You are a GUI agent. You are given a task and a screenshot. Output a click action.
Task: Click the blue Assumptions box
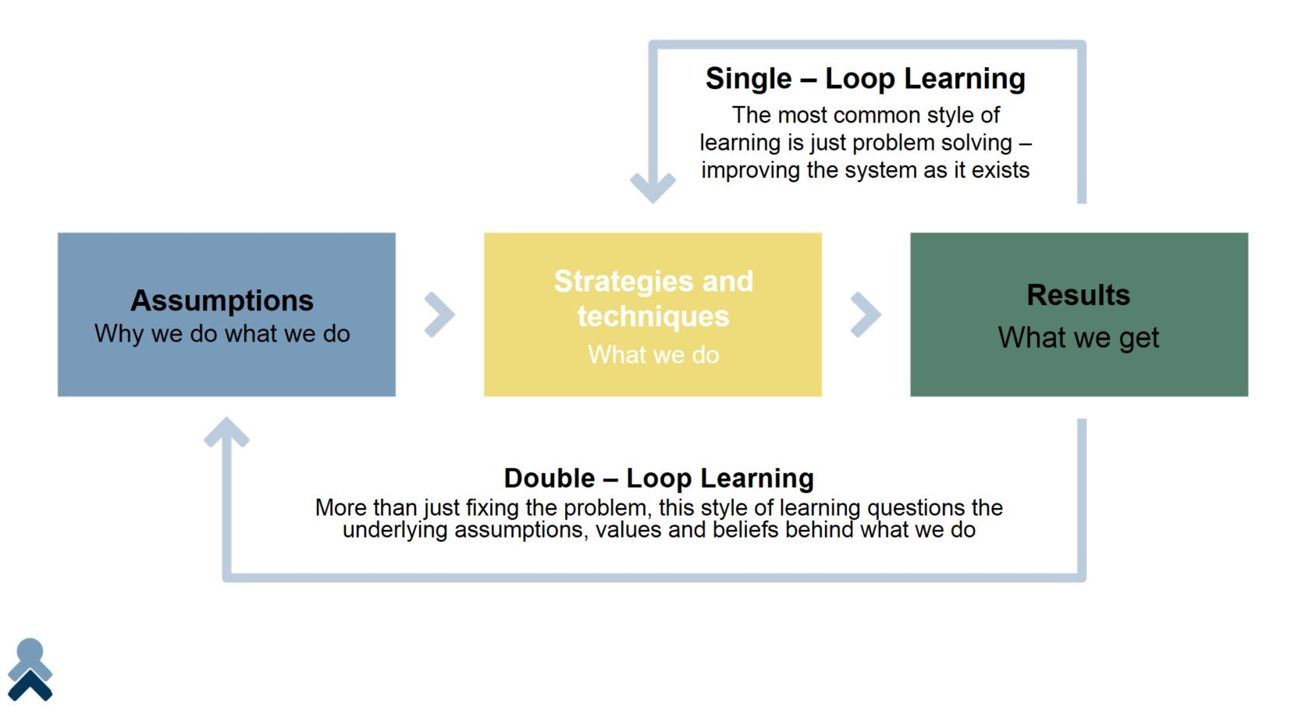226,314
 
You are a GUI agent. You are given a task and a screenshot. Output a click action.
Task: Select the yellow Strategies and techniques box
652,314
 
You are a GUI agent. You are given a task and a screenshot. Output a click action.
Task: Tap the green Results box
1079,314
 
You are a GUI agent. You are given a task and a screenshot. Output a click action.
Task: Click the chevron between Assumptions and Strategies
440,314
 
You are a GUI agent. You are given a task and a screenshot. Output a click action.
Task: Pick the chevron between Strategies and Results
866,314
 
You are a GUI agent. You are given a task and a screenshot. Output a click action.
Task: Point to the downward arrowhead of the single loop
653,187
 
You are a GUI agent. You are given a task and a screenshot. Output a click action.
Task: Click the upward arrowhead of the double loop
226,432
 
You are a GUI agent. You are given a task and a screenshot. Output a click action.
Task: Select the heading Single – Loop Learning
865,79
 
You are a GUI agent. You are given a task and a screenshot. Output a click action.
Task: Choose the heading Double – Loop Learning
658,478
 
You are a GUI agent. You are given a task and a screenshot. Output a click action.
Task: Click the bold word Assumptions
222,300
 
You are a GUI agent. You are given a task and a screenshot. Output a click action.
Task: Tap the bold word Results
1079,295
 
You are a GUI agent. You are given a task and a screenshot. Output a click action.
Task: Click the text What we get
1079,337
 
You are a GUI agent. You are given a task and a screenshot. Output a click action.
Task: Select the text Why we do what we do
222,334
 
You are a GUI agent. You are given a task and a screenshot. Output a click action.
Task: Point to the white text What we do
653,354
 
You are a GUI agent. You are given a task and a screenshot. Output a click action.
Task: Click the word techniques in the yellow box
653,317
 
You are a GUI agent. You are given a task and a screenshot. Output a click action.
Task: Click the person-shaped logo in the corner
30,670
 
